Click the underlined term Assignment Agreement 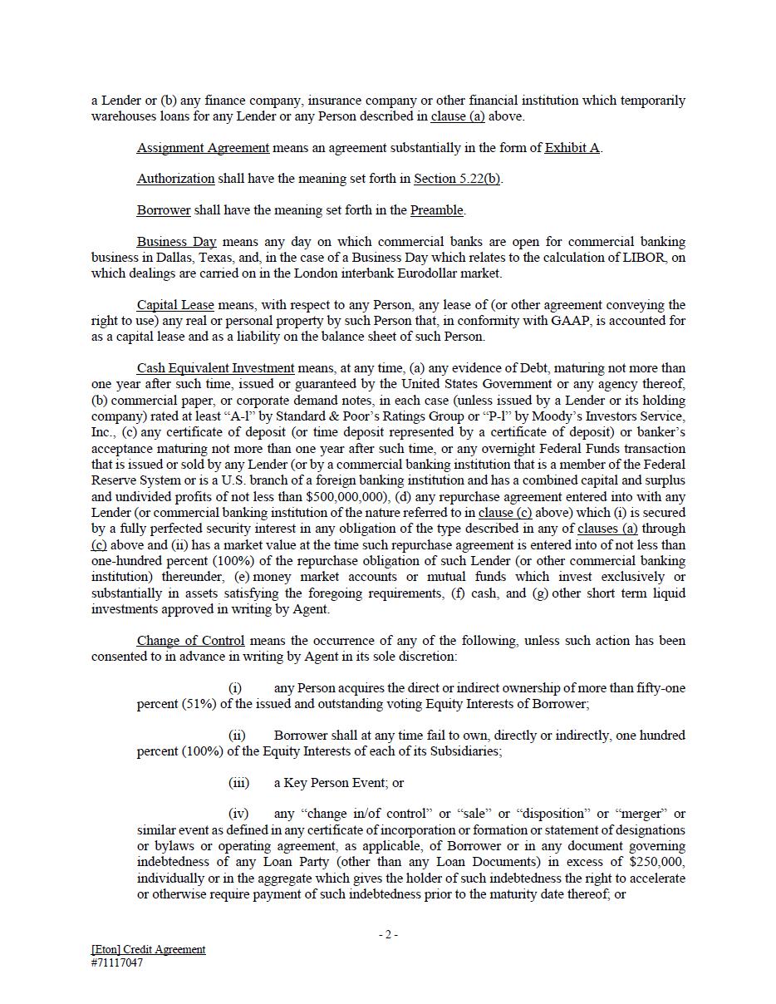pyautogui.click(x=203, y=148)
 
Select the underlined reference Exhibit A pyautogui.click(x=572, y=148)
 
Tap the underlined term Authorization pyautogui.click(x=175, y=179)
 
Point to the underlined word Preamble pyautogui.click(x=436, y=210)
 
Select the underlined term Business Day pyautogui.click(x=176, y=242)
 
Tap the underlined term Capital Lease pyautogui.click(x=175, y=305)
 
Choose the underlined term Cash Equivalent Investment pyautogui.click(x=215, y=368)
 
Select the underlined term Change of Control pyautogui.click(x=190, y=641)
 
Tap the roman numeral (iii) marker pyautogui.click(x=238, y=783)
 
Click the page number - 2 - pyautogui.click(x=388, y=935)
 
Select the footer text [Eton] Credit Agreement pyautogui.click(x=148, y=950)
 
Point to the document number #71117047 pyautogui.click(x=117, y=963)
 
